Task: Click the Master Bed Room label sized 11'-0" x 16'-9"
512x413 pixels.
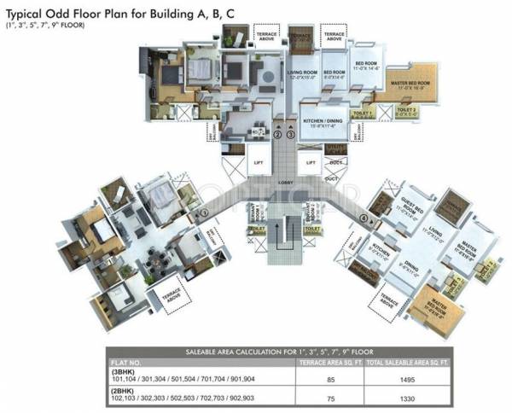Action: [x=407, y=84]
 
